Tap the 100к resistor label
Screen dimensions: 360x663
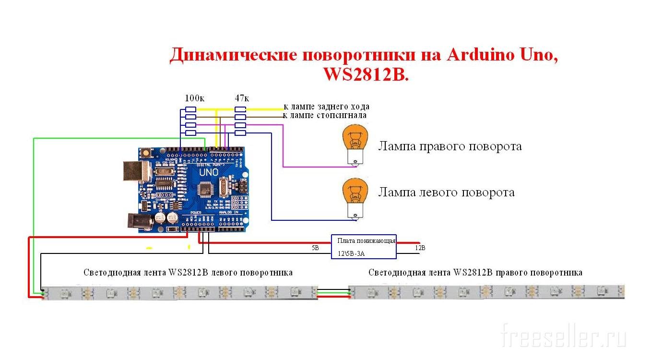point(194,98)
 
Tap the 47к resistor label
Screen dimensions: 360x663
point(241,98)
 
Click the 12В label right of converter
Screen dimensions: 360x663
point(420,248)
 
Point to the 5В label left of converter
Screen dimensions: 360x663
point(315,248)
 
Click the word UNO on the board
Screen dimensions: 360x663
point(208,171)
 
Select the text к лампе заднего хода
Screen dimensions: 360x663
point(326,107)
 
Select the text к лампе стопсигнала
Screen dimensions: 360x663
point(325,115)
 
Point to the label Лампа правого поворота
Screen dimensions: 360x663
point(450,146)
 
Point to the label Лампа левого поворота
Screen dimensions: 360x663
point(446,192)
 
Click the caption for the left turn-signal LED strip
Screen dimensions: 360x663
point(188,273)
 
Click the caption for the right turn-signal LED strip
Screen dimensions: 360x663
point(475,273)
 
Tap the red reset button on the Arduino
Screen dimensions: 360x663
point(145,153)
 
